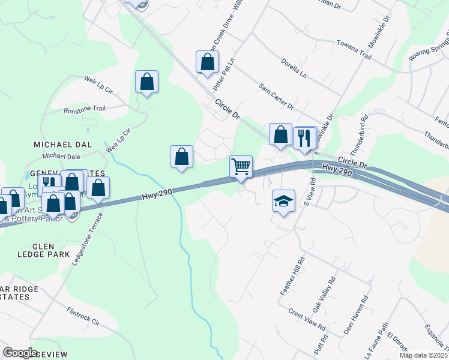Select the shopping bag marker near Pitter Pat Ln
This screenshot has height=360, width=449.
[207, 62]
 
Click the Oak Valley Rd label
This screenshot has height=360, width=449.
[324, 295]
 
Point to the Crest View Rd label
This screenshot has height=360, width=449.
[306, 320]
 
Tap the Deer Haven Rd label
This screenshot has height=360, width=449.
[354, 312]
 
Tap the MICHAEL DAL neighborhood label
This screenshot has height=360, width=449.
[62, 145]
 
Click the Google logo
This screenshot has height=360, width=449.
[20, 352]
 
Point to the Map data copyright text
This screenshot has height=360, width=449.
[425, 355]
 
